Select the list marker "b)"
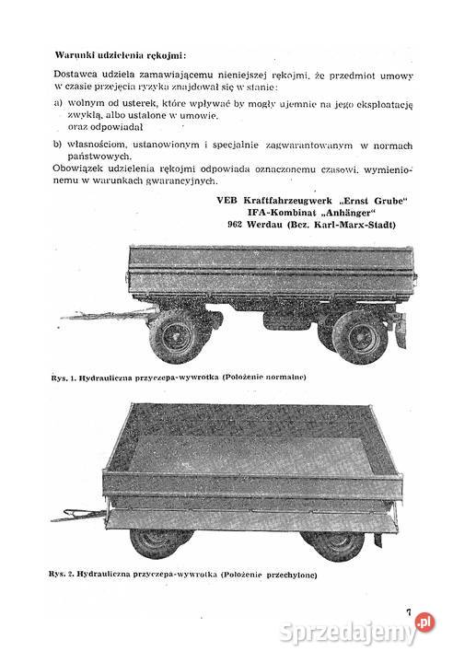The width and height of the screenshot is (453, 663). [60, 145]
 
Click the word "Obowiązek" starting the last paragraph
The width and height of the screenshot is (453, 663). [83, 170]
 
